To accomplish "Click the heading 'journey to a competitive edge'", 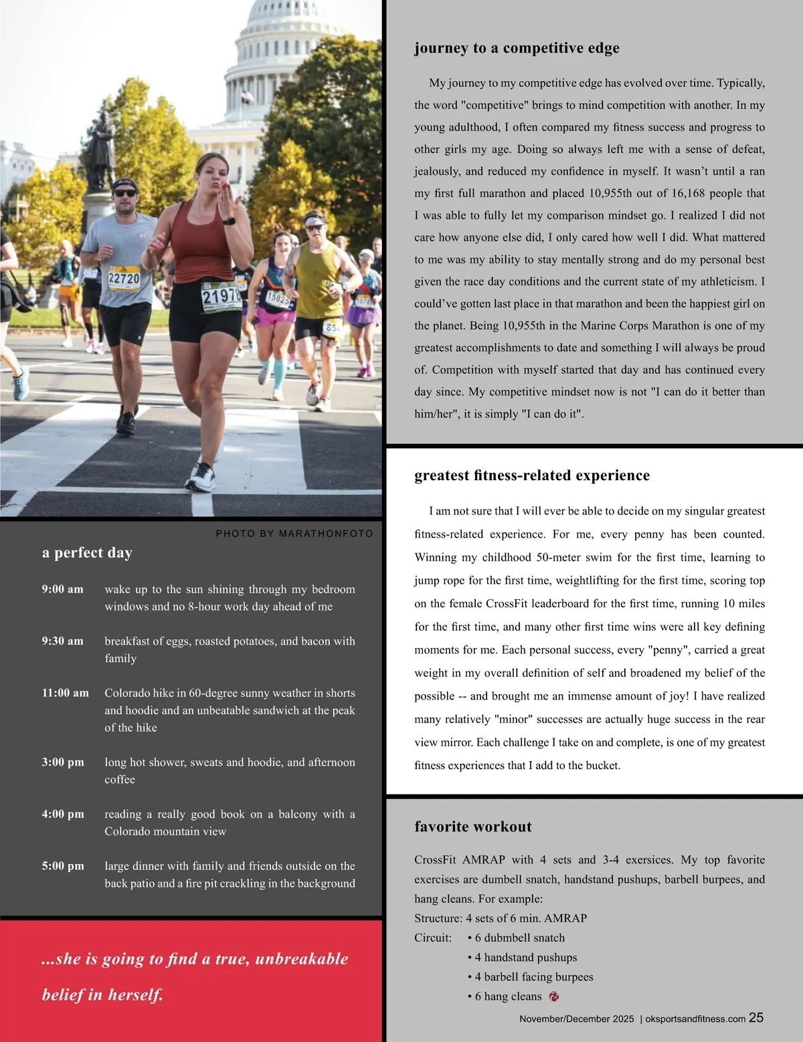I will click(x=517, y=48).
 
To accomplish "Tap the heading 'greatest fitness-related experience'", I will click(x=532, y=476).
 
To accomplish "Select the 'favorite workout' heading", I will click(x=473, y=827).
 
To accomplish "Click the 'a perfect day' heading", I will click(x=87, y=552).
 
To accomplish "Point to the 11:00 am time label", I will click(x=65, y=693).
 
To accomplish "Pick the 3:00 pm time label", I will click(x=63, y=762).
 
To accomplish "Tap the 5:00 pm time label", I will click(x=63, y=866).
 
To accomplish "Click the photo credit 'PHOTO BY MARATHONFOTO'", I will click(x=294, y=534).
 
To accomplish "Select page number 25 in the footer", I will click(x=756, y=1018).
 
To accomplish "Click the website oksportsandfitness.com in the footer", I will click(x=695, y=1019).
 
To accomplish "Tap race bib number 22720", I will click(x=124, y=278).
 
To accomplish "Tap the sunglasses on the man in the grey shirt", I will click(x=124, y=193).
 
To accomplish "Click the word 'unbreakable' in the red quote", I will click(x=302, y=959).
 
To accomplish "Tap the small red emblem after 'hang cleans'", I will click(x=553, y=997).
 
